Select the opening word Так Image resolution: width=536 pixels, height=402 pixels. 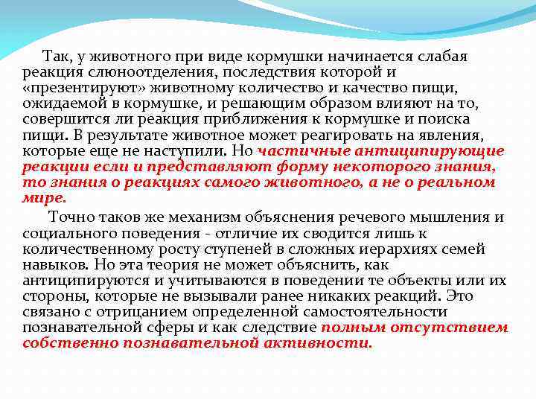coord(55,57)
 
